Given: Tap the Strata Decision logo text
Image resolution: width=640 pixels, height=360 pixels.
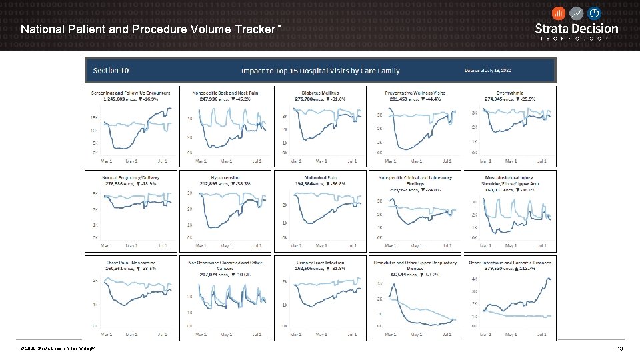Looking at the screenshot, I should (577, 29).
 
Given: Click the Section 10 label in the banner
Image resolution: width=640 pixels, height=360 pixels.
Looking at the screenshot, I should (111, 71).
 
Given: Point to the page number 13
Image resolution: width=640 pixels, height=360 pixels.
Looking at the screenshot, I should (620, 349).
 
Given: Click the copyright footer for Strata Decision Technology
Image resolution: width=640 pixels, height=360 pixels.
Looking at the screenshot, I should (57, 349).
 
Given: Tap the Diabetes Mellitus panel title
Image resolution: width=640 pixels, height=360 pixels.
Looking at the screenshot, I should (321, 93).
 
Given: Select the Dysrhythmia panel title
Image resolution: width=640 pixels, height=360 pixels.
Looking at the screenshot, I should (510, 93).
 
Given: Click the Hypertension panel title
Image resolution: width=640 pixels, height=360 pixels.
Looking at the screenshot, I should (226, 177).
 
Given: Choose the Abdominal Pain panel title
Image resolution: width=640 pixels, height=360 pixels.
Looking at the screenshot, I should (321, 177).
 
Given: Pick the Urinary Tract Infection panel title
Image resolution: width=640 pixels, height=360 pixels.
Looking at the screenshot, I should (321, 263).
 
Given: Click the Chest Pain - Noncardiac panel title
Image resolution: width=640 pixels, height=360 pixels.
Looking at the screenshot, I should (131, 263).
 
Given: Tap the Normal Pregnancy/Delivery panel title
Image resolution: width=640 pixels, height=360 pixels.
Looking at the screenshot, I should (131, 177).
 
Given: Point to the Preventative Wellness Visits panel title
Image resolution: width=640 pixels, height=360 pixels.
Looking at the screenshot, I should (415, 93).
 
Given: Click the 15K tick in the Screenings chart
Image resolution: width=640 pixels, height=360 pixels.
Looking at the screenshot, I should (94, 117).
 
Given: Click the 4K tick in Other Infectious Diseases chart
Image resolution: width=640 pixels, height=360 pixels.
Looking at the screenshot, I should (474, 279).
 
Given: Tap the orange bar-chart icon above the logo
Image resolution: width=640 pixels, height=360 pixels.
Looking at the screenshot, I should (559, 13).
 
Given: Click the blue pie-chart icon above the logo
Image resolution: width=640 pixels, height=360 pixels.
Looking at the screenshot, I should (593, 13).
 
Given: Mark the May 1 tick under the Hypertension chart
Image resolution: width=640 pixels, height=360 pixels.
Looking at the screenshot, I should (226, 246).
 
